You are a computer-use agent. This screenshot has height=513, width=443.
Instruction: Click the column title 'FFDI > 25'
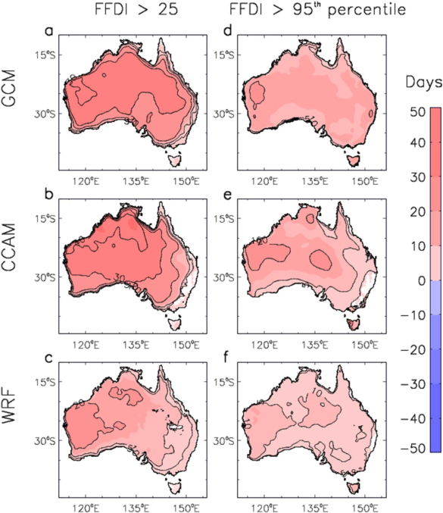click(130, 11)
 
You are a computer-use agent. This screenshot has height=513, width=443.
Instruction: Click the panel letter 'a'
click(48, 33)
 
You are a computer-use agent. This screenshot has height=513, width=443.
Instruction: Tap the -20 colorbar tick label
click(413, 349)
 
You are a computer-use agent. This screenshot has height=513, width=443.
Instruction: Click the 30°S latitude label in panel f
click(219, 440)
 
